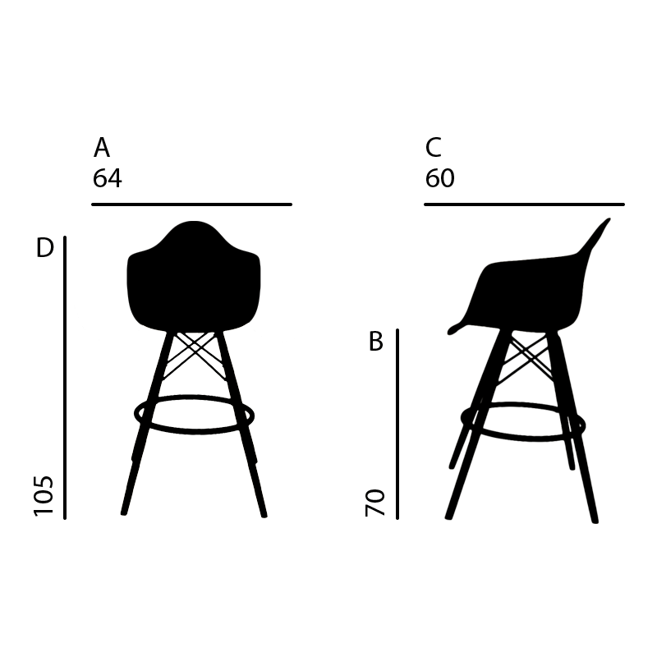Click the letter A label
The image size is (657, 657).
[101, 147]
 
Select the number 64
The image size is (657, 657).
[108, 178]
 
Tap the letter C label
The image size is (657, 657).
[434, 147]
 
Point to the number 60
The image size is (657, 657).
[439, 178]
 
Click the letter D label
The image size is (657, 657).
[45, 248]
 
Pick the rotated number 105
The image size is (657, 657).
[44, 496]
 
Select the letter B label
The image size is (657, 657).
[376, 341]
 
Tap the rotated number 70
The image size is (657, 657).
[375, 503]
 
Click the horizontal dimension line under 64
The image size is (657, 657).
[191, 204]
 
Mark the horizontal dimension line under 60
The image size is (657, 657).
[524, 204]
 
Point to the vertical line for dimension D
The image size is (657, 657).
[65, 378]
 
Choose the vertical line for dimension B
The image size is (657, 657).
[397, 424]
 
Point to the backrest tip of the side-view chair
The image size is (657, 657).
[609, 219]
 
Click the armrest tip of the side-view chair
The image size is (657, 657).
[450, 333]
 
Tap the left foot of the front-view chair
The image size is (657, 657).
[124, 512]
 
